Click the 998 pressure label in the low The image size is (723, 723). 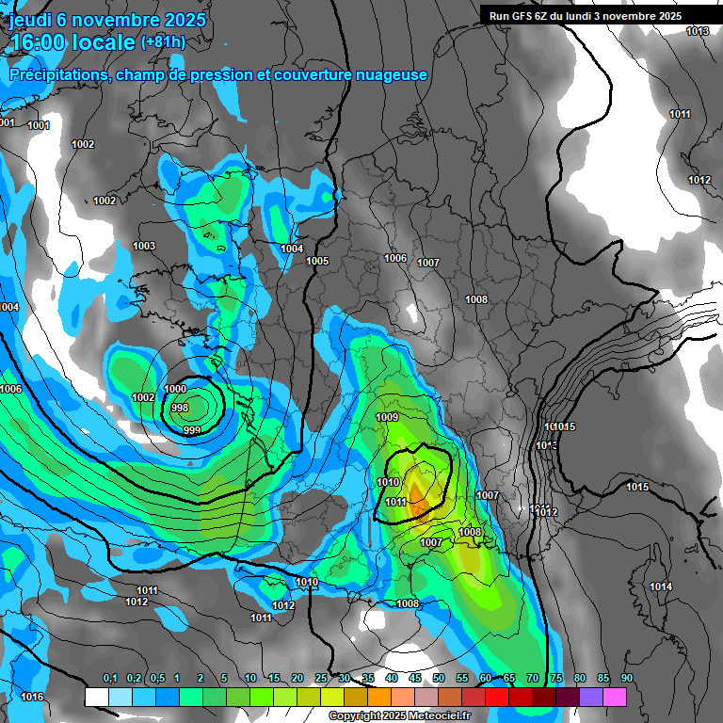click(x=180, y=408)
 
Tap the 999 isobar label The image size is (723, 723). click(x=191, y=430)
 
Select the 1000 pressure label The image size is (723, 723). click(x=175, y=389)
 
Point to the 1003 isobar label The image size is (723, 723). click(x=144, y=246)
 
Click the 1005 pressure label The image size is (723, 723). click(x=317, y=261)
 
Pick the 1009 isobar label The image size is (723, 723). click(x=387, y=417)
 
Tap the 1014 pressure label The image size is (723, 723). click(x=661, y=586)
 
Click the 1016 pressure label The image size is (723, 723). click(x=32, y=697)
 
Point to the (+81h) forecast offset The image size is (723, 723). click(x=163, y=42)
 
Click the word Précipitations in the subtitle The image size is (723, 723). click(x=56, y=75)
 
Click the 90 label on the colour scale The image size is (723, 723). click(x=626, y=678)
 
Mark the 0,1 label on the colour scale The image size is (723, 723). click(x=110, y=678)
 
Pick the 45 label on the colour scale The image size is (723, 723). click(x=415, y=678)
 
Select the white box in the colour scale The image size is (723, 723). click(x=96, y=697)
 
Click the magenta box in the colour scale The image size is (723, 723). click(x=615, y=697)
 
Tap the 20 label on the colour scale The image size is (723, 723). click(x=297, y=678)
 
